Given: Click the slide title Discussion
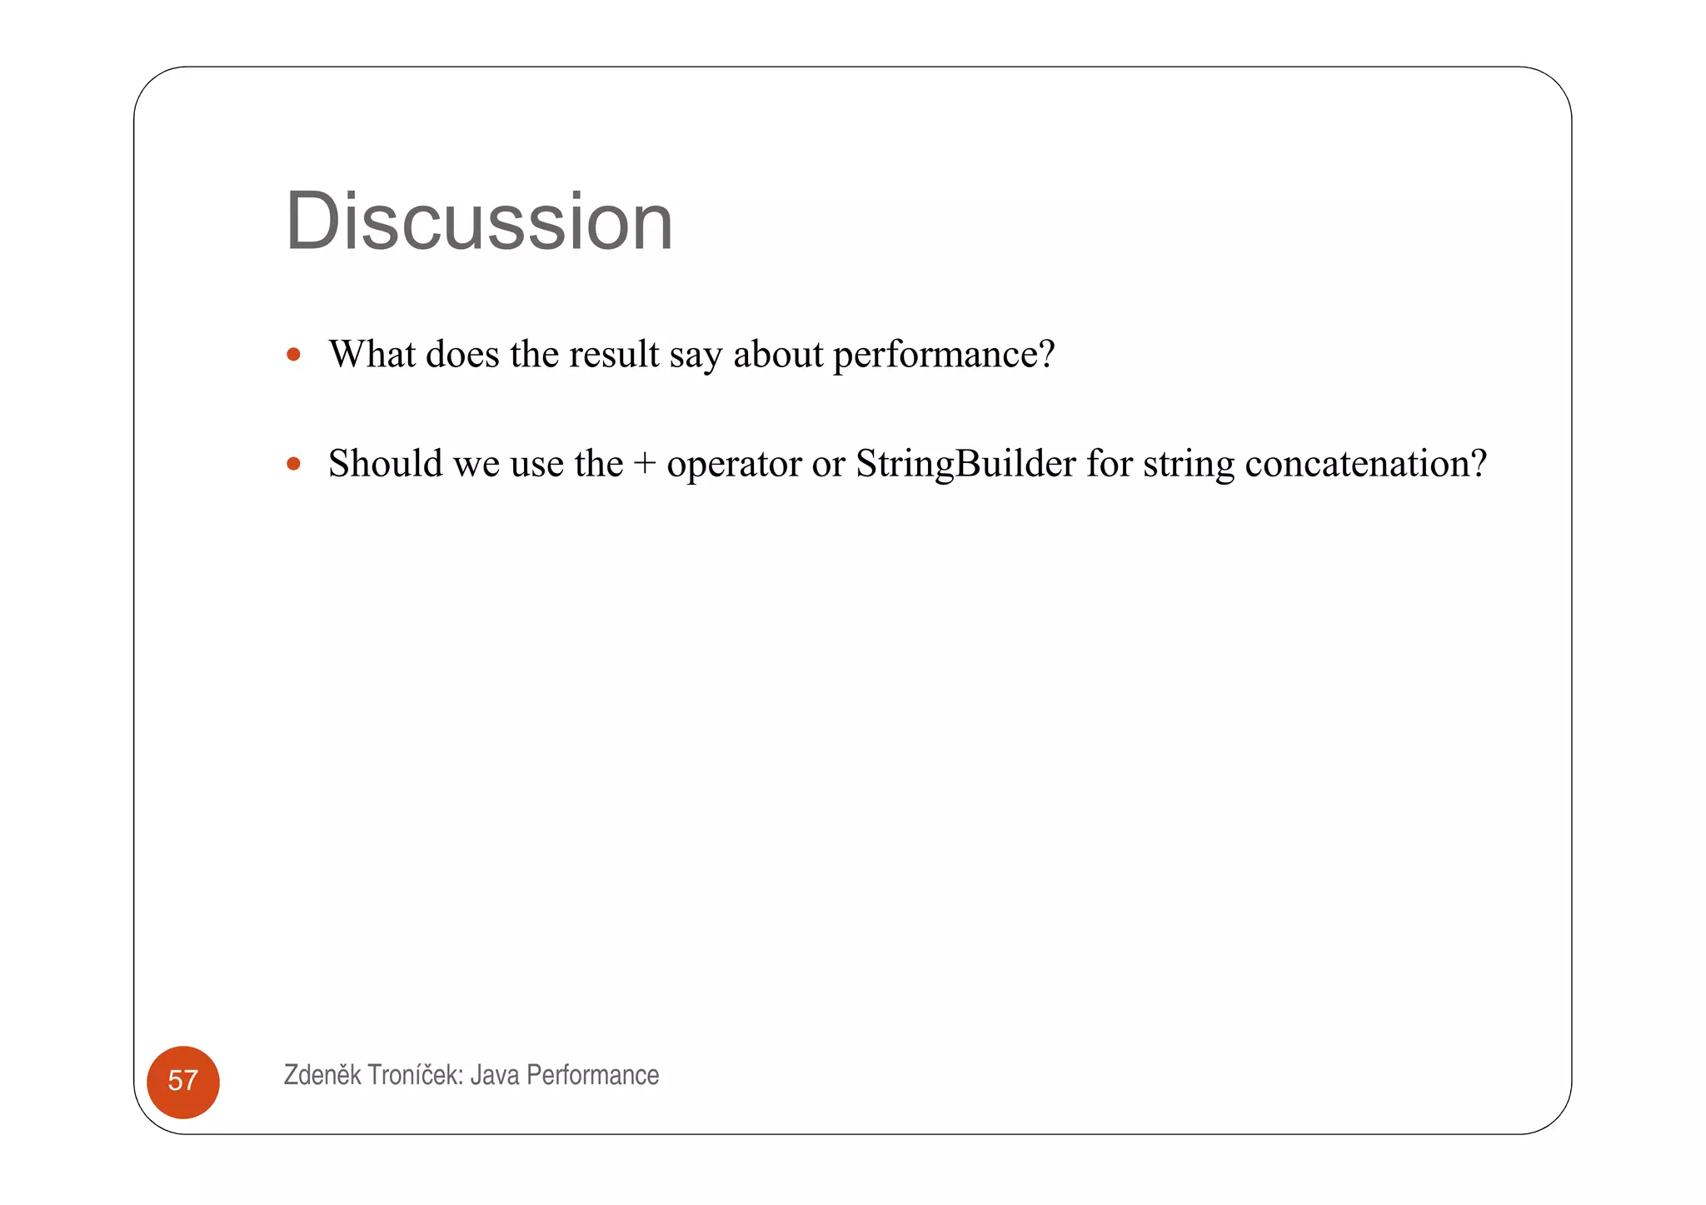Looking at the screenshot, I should pos(478,222).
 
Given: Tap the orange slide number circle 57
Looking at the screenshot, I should pos(183,1081).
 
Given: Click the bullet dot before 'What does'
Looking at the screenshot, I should pos(293,355).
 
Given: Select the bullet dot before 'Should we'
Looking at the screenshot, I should pos(293,464).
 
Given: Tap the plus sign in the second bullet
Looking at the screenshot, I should pos(644,464).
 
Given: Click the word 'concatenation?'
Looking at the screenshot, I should pos(1365,464).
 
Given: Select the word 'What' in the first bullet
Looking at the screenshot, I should pos(372,354).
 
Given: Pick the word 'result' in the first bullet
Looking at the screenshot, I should pos(614,354).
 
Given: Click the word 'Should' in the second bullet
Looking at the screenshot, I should pos(385,464).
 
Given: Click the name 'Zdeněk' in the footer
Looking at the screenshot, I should pos(322,1074).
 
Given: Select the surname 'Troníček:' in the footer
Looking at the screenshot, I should pos(415,1074).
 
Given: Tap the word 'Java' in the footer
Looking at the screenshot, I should pos(495,1075).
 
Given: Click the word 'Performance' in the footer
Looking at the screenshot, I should pos(592,1075).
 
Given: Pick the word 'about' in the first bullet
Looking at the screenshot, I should pos(778,354).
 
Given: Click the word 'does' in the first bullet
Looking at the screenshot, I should pos(462,354).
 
